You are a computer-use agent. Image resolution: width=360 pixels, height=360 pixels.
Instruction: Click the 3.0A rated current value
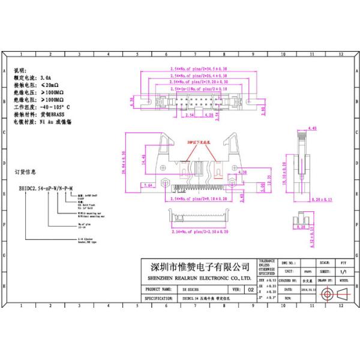pos(46,79)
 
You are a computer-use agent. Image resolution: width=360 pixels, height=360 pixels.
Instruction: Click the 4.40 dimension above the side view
pos(312,128)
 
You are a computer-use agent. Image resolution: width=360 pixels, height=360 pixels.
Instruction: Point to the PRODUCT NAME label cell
pos(158,289)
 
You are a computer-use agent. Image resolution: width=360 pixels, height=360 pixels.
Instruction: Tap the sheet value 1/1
pos(343,272)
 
